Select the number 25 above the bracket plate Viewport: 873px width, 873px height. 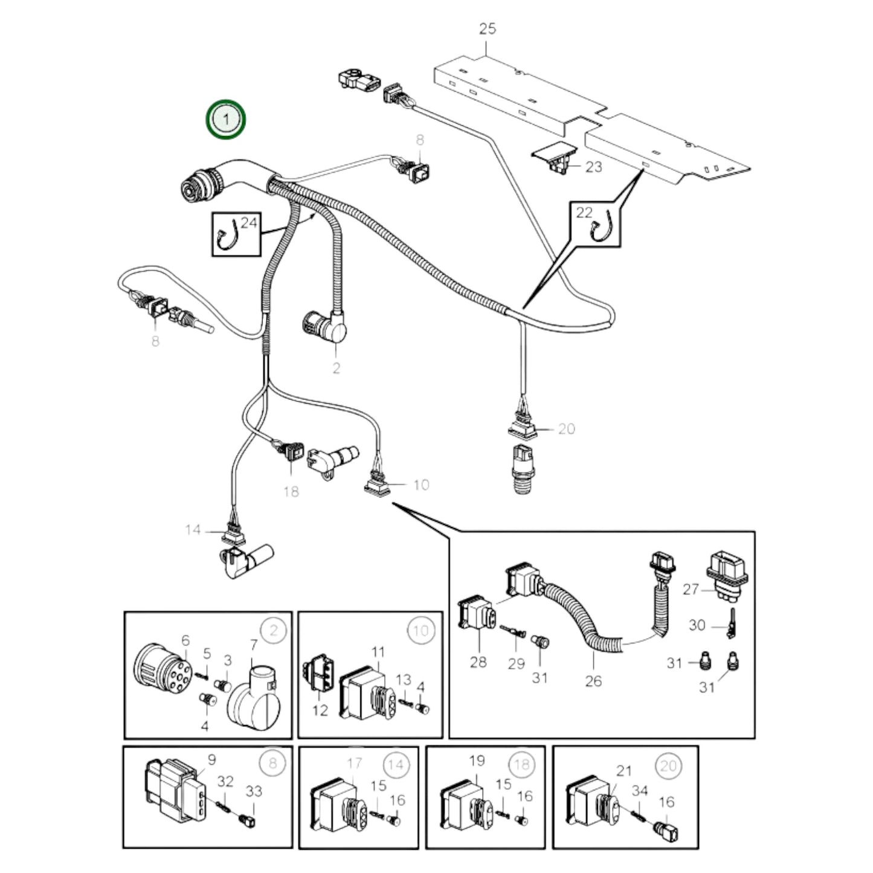[488, 28]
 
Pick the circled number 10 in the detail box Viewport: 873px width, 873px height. [420, 631]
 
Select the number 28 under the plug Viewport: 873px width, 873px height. [478, 662]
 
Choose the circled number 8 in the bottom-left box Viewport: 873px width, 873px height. [272, 763]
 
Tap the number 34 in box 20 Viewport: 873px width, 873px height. [640, 790]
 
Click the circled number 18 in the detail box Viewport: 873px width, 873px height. [521, 764]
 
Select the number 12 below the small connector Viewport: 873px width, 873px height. [320, 710]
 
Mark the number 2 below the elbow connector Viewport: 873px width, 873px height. [336, 367]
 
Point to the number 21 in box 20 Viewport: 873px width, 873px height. [623, 770]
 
